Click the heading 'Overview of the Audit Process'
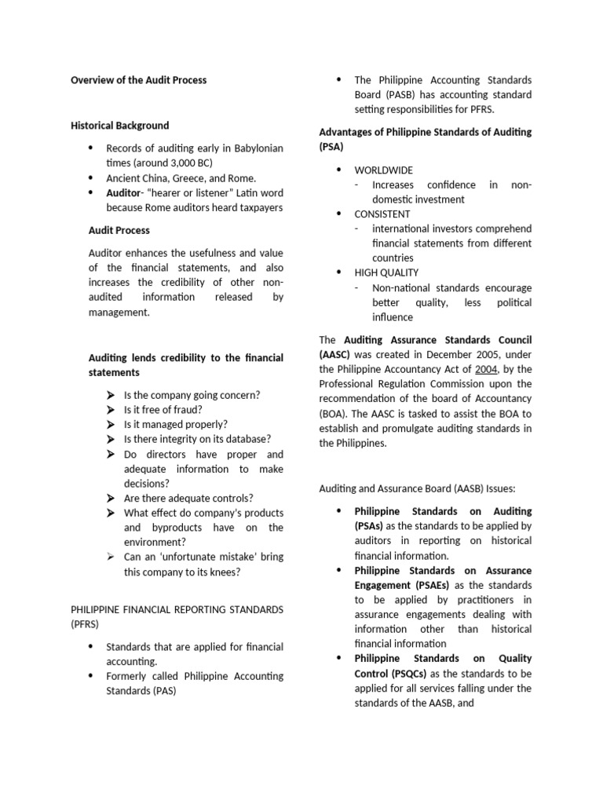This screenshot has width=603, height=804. [138, 80]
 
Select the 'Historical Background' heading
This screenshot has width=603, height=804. [119, 125]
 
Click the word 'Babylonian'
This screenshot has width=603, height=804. [254, 148]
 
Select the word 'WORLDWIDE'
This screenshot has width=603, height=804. [383, 170]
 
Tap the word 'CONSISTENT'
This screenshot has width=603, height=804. [382, 214]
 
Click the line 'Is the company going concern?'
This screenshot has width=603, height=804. [192, 395]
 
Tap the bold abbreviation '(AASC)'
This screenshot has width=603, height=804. [335, 354]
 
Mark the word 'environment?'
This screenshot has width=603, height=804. [155, 542]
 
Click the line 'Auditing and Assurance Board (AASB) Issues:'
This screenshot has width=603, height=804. [417, 488]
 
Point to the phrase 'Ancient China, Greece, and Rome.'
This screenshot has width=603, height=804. [181, 178]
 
